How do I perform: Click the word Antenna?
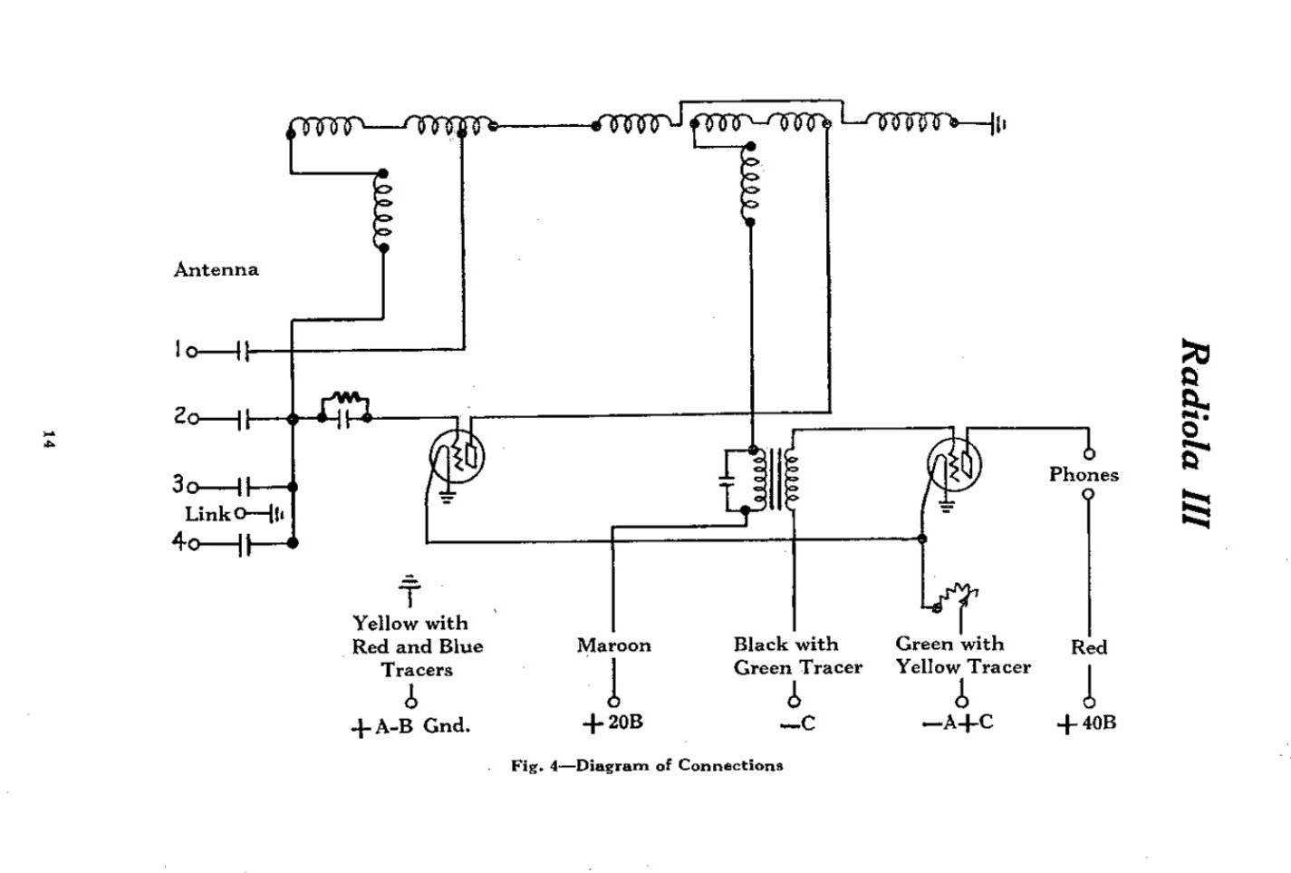(216, 269)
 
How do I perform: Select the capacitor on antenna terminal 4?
(244, 544)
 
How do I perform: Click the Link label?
(207, 514)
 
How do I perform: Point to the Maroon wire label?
(613, 645)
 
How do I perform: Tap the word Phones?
(1084, 474)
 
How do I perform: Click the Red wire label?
(1088, 647)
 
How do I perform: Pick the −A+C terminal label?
(959, 723)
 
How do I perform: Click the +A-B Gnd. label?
(411, 726)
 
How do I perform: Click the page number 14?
(47, 441)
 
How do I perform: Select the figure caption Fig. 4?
(647, 765)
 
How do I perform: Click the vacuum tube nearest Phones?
(955, 465)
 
